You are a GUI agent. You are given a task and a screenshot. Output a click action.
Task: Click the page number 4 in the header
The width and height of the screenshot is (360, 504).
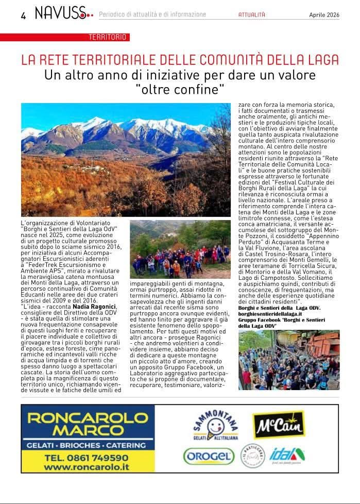point(23,15)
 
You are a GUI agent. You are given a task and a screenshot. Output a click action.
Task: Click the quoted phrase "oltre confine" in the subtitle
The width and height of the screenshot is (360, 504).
point(180,90)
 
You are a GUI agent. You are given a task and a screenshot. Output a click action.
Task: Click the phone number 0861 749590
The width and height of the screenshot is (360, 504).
point(86,457)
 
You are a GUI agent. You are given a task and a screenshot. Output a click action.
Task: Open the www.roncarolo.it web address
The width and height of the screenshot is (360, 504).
point(86,467)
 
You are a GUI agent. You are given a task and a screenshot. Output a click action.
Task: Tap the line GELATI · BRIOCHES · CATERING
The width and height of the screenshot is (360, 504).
point(88,445)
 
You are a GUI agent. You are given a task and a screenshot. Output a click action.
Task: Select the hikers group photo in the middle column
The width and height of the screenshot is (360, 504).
point(180,249)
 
